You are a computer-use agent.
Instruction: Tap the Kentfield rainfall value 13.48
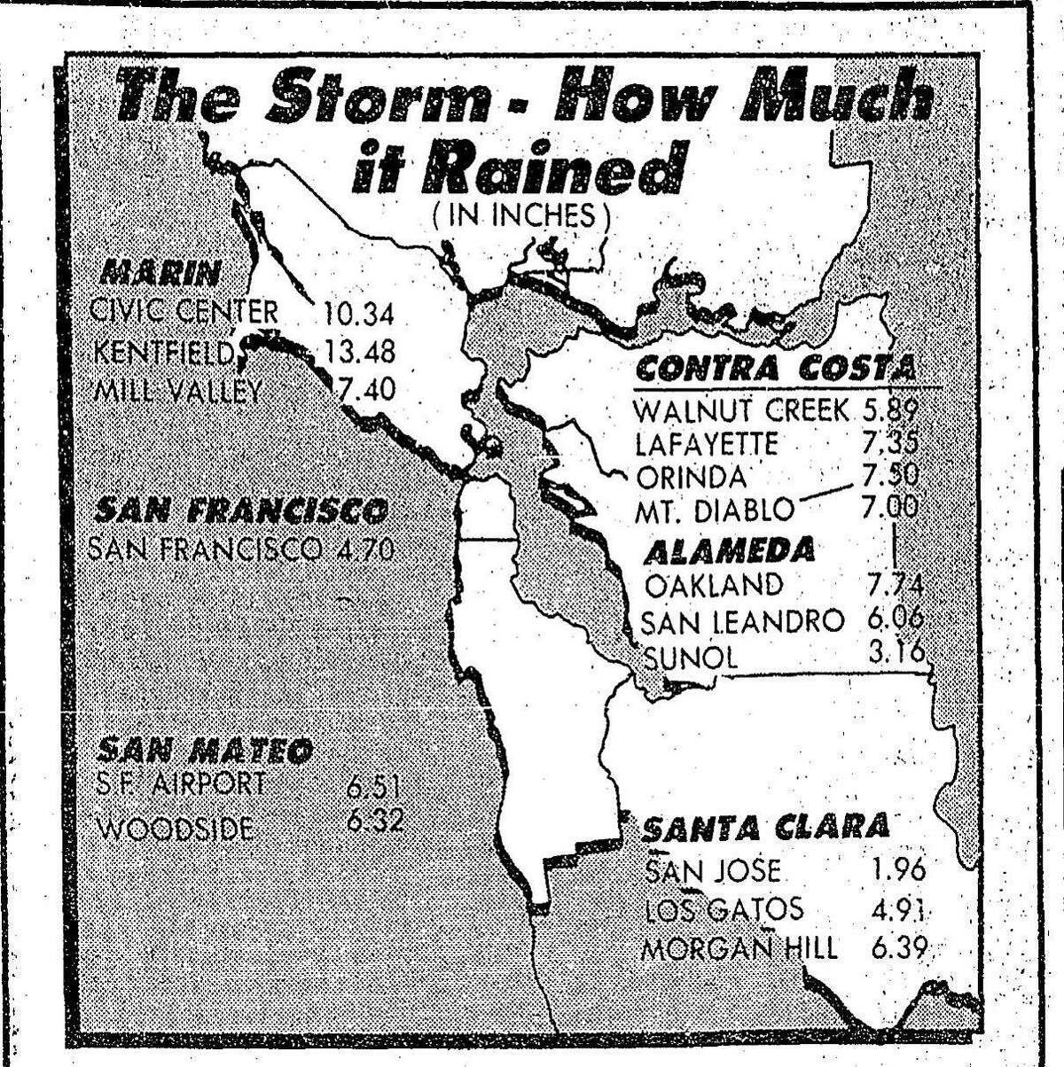(x=359, y=351)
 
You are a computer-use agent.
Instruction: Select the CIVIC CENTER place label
(x=185, y=312)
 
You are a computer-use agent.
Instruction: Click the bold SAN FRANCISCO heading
(x=240, y=512)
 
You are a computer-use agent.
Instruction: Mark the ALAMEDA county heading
(x=729, y=549)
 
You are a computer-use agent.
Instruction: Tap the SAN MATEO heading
(x=204, y=752)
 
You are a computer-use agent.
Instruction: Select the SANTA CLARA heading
(x=764, y=827)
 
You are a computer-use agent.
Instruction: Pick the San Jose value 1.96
(x=896, y=869)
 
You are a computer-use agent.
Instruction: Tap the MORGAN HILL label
(x=739, y=949)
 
